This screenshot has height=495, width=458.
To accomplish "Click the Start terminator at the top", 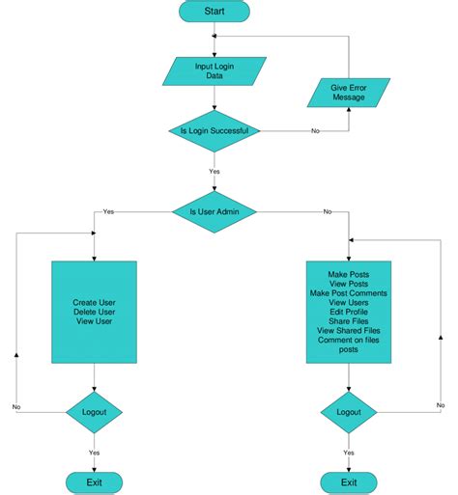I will coord(214,12).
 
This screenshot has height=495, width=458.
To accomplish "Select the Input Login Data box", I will coord(214,69).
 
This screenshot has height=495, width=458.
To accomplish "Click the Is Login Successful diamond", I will coord(214,131).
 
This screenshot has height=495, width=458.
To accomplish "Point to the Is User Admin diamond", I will coord(214,209).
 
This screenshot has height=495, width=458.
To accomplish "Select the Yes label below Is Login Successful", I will coord(214,171).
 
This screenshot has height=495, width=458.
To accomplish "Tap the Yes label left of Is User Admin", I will coord(108,209).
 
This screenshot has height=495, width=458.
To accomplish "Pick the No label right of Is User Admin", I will coord(328,210).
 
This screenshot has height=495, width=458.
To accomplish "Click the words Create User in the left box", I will coord(94,302).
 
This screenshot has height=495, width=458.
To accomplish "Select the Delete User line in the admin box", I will coord(94,312).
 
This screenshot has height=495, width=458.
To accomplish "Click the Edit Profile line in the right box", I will coord(348,311).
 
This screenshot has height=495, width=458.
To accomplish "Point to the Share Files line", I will coord(348,320).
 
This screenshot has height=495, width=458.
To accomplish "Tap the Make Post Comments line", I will coord(348,292).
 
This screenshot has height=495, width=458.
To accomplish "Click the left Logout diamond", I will coord(94,412).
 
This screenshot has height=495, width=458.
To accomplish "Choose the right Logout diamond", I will coord(348,412).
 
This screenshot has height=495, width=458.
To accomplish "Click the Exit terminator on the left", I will coord(94,481).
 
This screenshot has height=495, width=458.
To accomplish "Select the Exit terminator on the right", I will coord(348,481).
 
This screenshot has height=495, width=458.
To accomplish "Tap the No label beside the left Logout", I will coord(17,407).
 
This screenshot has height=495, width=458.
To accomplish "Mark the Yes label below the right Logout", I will coord(348,452).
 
